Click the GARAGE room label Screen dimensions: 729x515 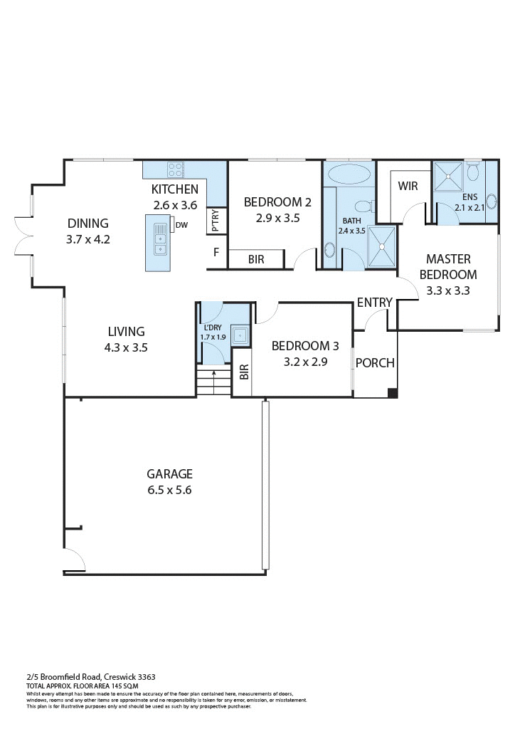pyautogui.click(x=169, y=473)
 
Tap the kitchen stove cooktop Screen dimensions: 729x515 pyautogui.click(x=175, y=169)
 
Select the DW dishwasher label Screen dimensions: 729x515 pyautogui.click(x=181, y=226)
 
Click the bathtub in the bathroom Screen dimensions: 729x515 pyautogui.click(x=349, y=174)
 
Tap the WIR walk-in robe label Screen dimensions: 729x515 pyautogui.click(x=408, y=186)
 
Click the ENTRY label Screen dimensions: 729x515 pyautogui.click(x=374, y=303)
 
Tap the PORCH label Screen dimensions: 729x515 pyautogui.click(x=375, y=363)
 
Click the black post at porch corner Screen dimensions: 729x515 pyautogui.click(x=392, y=393)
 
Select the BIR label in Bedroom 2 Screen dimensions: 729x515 pyautogui.click(x=256, y=260)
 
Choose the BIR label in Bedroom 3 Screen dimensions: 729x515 pyautogui.click(x=243, y=371)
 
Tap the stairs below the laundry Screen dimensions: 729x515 pyautogui.click(x=214, y=382)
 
